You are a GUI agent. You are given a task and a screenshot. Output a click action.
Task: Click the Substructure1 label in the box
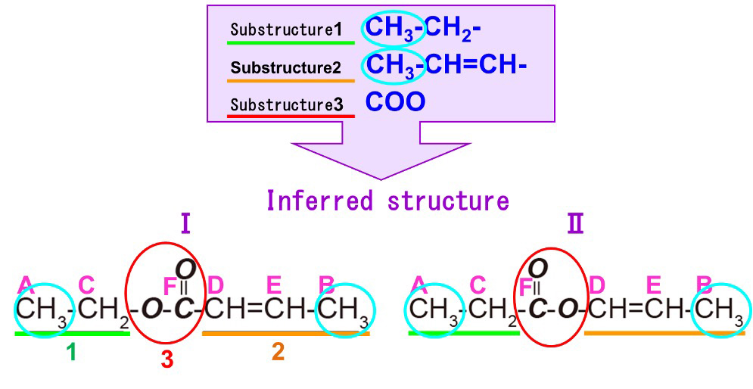pos(286,30)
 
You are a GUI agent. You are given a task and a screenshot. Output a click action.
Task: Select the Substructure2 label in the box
pos(286,67)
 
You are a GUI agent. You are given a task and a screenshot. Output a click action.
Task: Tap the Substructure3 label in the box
pos(286,104)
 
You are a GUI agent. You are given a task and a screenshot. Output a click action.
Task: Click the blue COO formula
pos(395,102)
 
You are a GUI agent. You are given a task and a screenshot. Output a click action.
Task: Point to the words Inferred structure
pos(387,201)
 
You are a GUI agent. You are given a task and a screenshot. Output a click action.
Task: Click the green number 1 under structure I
pos(71,352)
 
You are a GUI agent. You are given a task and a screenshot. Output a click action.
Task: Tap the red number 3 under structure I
pos(166,360)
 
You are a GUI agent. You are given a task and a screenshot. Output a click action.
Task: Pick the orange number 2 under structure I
pos(278,352)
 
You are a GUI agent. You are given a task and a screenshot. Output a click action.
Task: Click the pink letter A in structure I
pos(26,285)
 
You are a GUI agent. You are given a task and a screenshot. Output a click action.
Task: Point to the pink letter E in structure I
pos(274,285)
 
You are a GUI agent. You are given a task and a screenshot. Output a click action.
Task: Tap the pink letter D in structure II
pos(597,285)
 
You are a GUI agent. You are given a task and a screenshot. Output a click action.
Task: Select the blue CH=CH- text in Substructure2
pos(475,67)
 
